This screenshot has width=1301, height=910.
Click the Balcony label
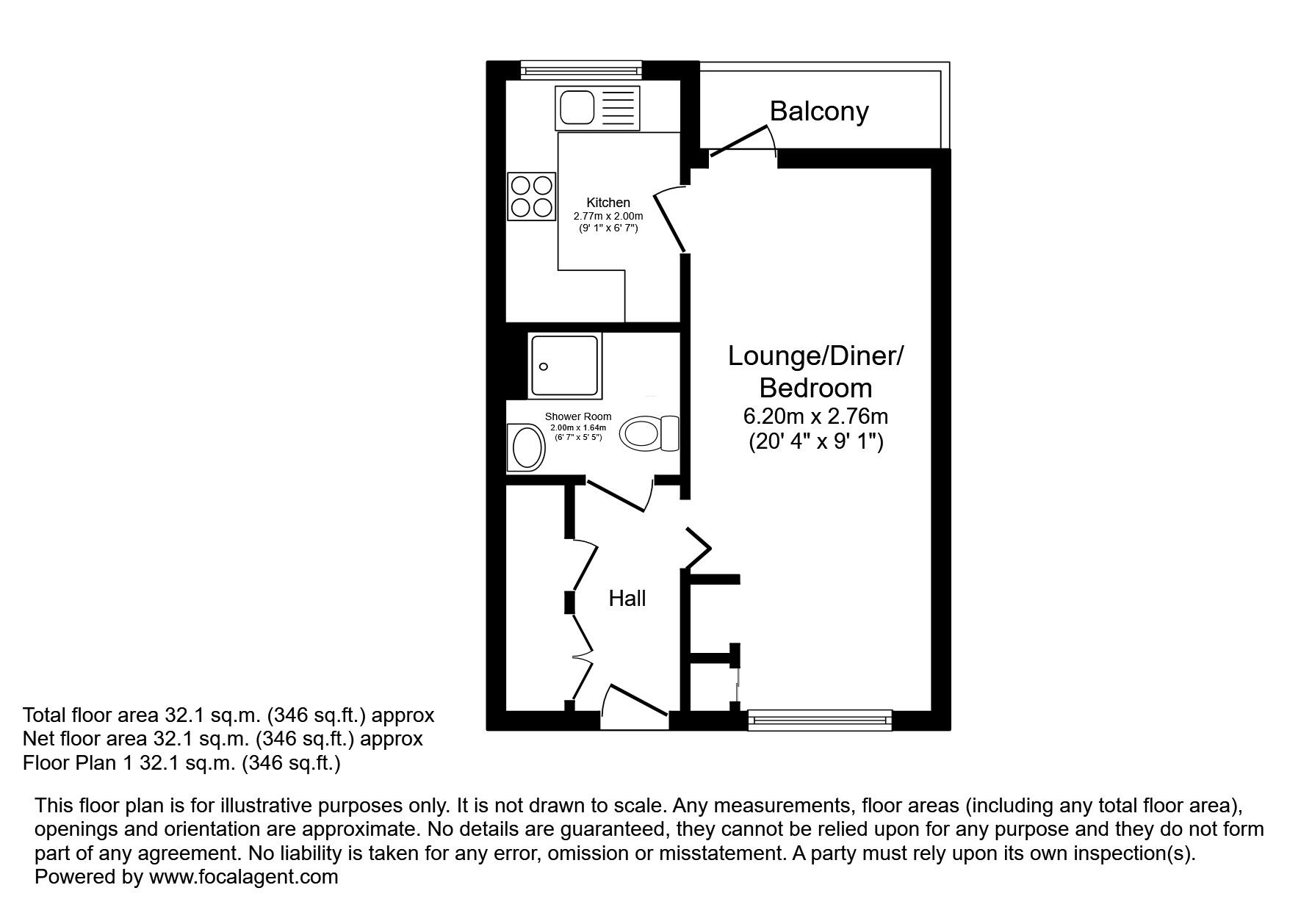coord(819,111)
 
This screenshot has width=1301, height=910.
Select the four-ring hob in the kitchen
coord(531,196)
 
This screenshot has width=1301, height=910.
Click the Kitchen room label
coord(608,203)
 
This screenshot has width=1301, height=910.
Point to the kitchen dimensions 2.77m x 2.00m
coord(608,216)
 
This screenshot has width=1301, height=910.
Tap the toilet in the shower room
coord(649,433)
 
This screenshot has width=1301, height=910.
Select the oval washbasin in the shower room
coord(526,448)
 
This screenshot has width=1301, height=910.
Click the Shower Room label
coord(578,416)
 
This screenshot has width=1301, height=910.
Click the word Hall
coord(627,599)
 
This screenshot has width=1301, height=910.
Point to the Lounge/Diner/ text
coord(815,356)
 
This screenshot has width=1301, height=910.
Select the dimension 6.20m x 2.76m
coord(815,416)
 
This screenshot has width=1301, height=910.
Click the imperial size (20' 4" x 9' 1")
coord(815,442)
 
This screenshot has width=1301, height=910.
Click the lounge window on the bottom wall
coord(819,720)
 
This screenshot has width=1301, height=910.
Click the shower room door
coord(617,494)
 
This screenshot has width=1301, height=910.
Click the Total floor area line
coord(228,715)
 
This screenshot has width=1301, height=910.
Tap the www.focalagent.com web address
coord(243,876)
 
